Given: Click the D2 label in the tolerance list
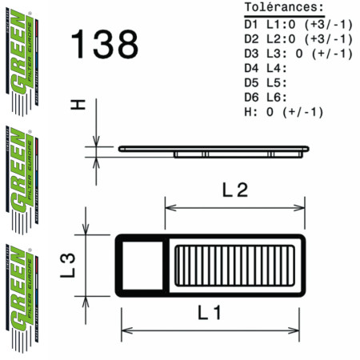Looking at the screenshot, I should (251, 38).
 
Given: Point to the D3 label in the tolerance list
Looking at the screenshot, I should (251, 53).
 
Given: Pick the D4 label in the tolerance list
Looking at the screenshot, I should (251, 67).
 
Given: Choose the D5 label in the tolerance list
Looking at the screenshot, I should (251, 82).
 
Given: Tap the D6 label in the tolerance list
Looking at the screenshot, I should (251, 97).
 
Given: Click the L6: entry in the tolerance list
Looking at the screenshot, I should (282, 97).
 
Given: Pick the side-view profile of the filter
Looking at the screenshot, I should (211, 150).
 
